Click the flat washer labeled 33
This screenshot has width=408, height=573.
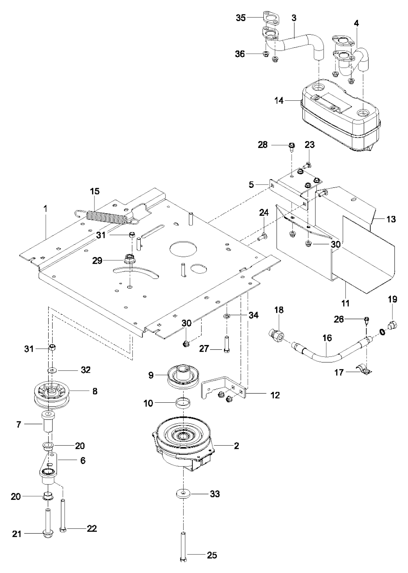tap(182, 494)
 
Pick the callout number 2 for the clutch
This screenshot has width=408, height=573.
tap(236, 446)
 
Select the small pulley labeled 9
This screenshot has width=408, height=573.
tap(183, 376)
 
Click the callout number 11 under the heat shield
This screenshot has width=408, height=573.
tap(345, 303)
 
